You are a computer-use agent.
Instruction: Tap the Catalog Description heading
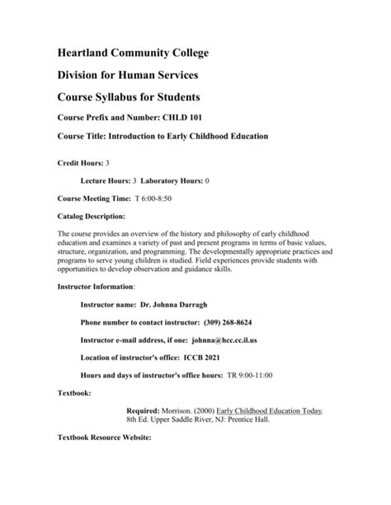pyautogui.click(x=92, y=217)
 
